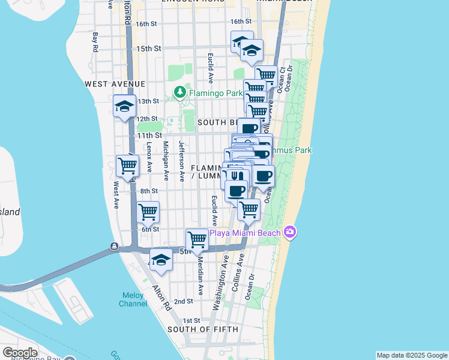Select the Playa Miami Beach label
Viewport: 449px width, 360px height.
click(x=247, y=232)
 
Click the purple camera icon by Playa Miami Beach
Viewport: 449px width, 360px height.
click(x=291, y=232)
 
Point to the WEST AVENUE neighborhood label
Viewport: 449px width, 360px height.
click(x=115, y=83)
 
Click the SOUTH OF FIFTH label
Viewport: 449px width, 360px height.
click(x=203, y=329)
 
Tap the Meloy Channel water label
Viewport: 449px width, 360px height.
click(x=133, y=299)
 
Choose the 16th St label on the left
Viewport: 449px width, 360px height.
click(x=146, y=24)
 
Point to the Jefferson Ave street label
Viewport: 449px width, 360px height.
click(x=181, y=161)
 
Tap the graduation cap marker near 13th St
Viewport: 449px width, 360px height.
click(x=125, y=107)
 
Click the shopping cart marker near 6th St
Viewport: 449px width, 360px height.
click(x=148, y=212)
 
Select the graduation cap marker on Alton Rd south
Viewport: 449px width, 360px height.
click(x=160, y=260)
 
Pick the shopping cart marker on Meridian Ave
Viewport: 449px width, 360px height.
click(x=197, y=240)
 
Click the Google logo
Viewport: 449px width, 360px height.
click(x=20, y=353)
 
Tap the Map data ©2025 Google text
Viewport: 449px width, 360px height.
click(x=412, y=355)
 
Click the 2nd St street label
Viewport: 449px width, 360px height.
click(x=183, y=301)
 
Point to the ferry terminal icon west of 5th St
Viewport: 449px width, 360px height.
click(x=113, y=247)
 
